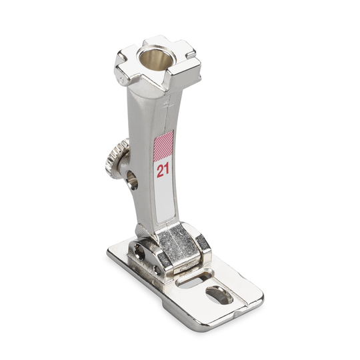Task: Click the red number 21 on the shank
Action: coord(163,170)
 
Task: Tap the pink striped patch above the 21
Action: coord(163,146)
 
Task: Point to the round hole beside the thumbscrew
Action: coord(133,180)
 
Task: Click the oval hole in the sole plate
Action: coord(219,295)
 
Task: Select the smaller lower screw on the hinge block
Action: coord(157,270)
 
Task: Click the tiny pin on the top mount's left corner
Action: coord(121,80)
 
